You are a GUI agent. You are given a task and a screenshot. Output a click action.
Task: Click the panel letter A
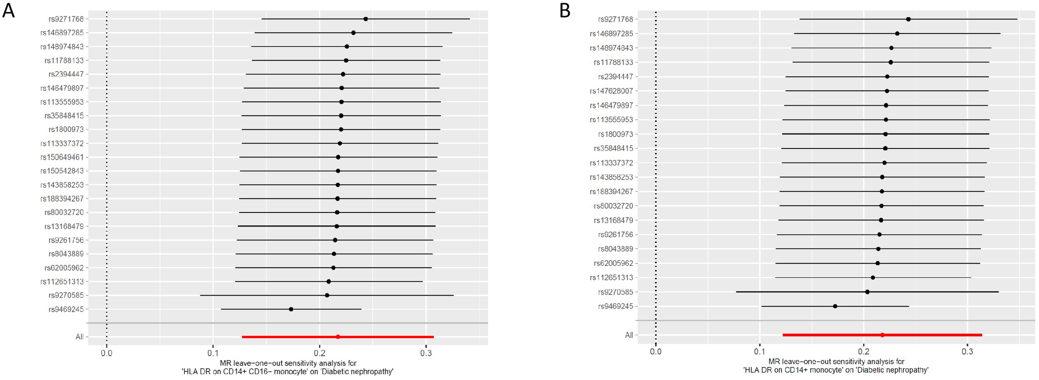point(8,10)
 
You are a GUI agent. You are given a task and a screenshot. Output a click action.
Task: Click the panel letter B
point(565,10)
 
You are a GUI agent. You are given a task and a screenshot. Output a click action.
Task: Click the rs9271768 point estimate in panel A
point(365,19)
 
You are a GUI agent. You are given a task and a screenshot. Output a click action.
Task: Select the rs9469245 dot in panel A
point(291,309)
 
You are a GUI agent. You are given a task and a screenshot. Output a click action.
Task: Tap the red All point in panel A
point(338,337)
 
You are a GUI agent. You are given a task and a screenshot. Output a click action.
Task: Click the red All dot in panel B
point(882,335)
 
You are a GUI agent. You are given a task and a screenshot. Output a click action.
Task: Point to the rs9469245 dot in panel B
point(835,306)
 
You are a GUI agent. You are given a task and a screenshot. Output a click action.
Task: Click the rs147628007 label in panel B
point(611,91)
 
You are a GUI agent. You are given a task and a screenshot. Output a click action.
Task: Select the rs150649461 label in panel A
point(62,157)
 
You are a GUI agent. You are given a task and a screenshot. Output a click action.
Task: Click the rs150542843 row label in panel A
point(62,171)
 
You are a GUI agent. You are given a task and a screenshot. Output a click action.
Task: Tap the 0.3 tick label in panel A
point(426,353)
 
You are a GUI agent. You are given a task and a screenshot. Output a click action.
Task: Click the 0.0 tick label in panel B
point(656,352)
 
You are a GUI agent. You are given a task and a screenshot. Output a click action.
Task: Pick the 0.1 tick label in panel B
point(760,352)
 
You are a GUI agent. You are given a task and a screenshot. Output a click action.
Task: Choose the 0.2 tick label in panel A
point(319,353)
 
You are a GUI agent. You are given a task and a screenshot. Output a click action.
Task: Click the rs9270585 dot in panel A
point(327,295)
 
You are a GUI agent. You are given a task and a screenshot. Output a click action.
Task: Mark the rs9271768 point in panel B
point(908,19)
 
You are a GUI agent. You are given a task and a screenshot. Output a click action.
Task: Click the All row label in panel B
point(629,335)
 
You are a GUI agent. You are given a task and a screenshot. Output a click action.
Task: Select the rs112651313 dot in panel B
point(873,278)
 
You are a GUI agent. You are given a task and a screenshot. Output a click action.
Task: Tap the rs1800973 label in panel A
point(66,130)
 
